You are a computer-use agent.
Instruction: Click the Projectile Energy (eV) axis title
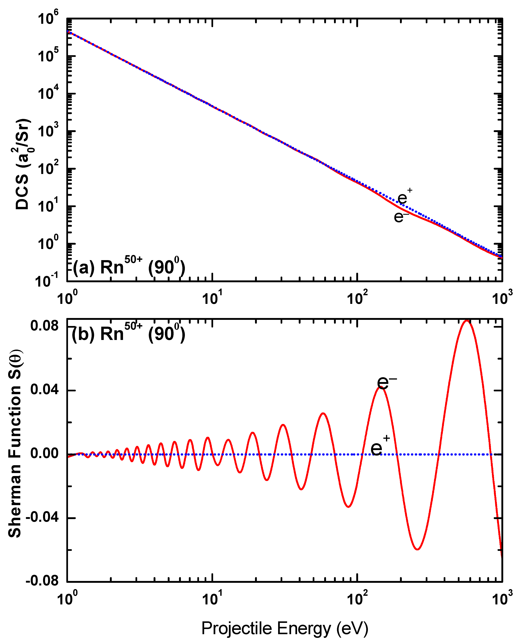pyautogui.click(x=285, y=628)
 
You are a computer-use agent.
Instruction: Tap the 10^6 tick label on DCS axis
pyautogui.click(x=48, y=19)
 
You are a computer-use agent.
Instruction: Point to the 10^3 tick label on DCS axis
pyautogui.click(x=48, y=131)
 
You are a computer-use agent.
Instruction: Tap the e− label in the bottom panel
pyautogui.click(x=386, y=382)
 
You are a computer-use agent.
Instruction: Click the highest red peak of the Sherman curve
pyautogui.click(x=466, y=321)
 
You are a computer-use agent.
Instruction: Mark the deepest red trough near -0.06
pyautogui.click(x=417, y=549)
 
